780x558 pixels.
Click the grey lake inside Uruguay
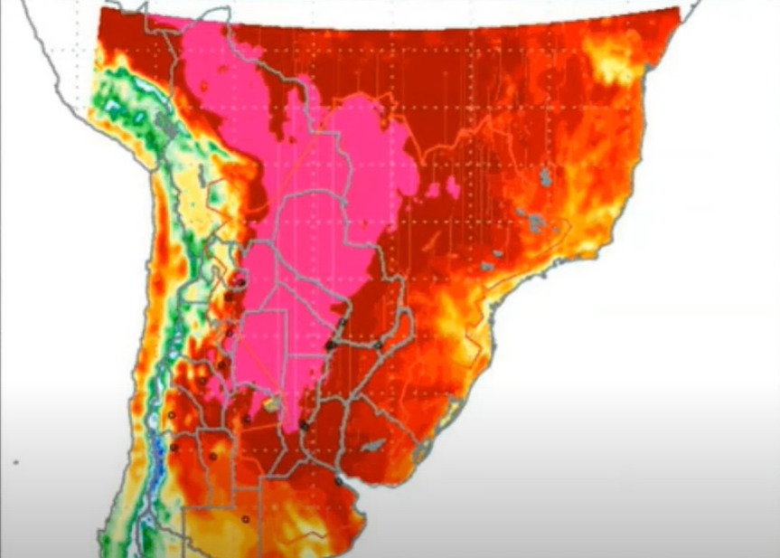point(371,447)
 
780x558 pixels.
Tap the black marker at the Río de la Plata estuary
point(339,481)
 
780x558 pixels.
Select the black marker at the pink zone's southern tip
point(304,425)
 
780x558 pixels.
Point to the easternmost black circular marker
point(378,345)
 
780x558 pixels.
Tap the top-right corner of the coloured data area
point(678,9)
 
